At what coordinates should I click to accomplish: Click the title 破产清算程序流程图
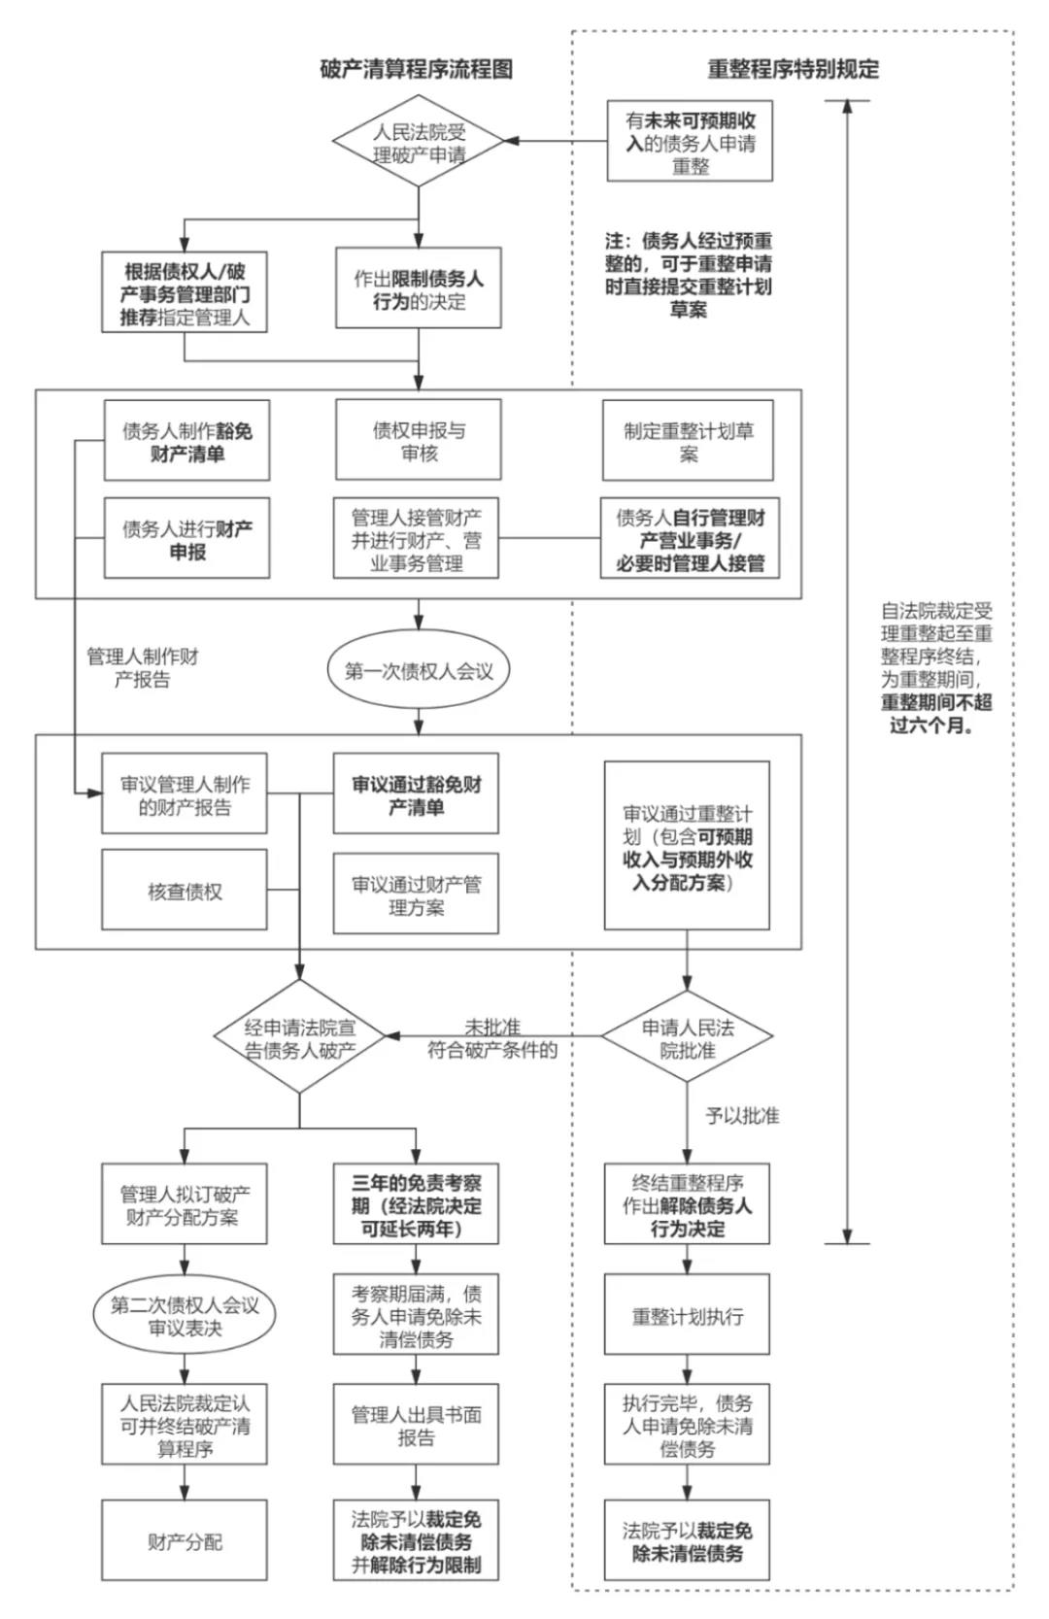[x=416, y=69]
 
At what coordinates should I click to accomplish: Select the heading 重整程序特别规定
[x=793, y=69]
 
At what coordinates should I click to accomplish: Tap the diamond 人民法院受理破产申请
[x=419, y=143]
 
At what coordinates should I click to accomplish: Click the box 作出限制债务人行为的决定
[x=419, y=289]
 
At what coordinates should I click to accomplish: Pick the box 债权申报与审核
[x=419, y=441]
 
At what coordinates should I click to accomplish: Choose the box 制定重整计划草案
[x=688, y=441]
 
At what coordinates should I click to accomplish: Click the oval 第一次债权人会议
[x=419, y=670]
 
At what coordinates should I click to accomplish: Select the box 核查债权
[x=185, y=891]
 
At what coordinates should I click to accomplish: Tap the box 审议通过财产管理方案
[x=416, y=894]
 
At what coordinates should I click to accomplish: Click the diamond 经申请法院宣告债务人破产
[x=299, y=1038]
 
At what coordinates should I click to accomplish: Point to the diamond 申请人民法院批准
[x=688, y=1038]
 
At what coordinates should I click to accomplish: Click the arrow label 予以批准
[x=742, y=1116]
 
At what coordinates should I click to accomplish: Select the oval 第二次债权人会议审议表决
[x=185, y=1316]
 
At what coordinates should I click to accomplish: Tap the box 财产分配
[x=185, y=1540]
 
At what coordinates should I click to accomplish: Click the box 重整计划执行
[x=688, y=1316]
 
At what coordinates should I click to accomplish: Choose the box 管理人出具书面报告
[x=416, y=1425]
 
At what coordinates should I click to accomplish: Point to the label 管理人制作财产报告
[x=142, y=667]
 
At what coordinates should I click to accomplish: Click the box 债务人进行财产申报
[x=186, y=539]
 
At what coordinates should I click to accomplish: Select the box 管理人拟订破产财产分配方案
[x=185, y=1204]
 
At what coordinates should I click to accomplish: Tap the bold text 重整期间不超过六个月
[x=936, y=713]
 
